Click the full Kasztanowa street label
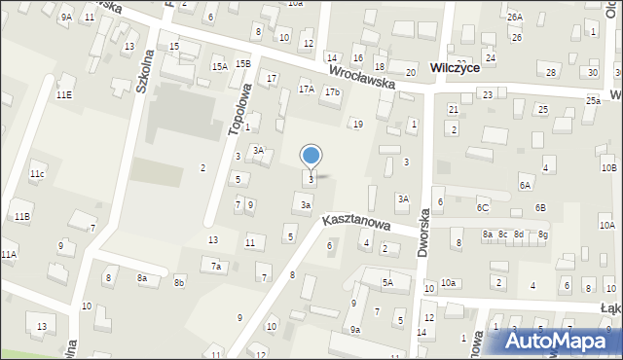357,224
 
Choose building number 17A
306,90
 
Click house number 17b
333,92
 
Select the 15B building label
242,64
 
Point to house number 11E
64,95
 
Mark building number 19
358,125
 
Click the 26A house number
514,18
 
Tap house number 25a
593,101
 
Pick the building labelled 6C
482,208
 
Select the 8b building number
179,283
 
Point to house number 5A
386,283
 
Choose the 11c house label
36,174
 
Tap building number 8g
543,234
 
